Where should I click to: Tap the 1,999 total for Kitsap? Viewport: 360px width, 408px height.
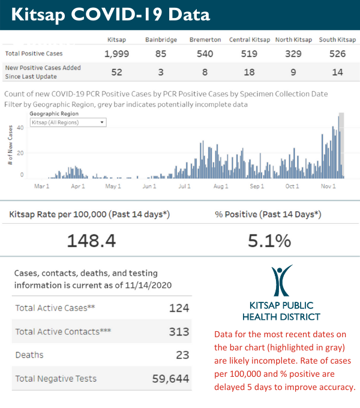coord(116,54)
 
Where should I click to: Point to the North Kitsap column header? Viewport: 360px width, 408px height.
coord(293,40)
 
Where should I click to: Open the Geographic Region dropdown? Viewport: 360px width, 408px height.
coord(68,122)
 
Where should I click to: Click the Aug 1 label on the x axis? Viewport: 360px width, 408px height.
coord(221,187)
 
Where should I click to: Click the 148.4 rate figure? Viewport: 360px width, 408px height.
coord(91,241)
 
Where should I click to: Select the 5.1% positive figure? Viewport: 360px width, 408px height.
coord(269,241)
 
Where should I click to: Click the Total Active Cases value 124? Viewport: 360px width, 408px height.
coord(179,308)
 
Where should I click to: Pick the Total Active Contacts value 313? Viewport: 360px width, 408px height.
coord(179,331)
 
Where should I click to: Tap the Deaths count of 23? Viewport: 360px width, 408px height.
coord(182,355)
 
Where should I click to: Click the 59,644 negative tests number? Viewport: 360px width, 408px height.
coord(169,378)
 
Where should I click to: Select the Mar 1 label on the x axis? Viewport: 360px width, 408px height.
coord(41,187)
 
